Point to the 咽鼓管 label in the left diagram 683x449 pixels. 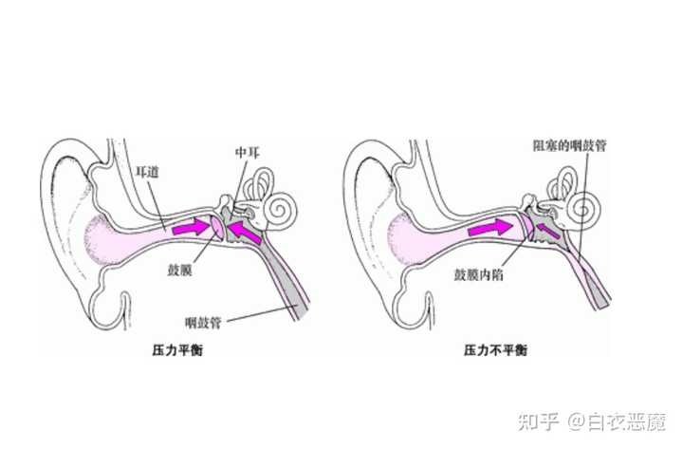pyautogui.click(x=204, y=323)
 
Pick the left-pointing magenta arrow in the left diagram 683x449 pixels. pyautogui.click(x=244, y=231)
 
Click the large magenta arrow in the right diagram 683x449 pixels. pyautogui.click(x=492, y=229)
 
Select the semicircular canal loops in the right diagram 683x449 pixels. pyautogui.click(x=563, y=182)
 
